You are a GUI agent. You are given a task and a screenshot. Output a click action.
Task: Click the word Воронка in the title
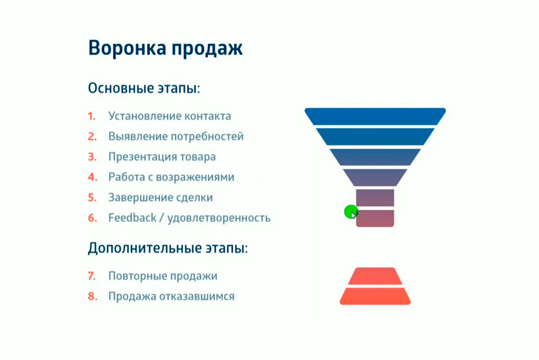click(127, 47)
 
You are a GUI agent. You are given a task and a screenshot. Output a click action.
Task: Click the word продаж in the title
click(207, 49)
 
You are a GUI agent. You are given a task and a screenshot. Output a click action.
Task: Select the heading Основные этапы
click(144, 88)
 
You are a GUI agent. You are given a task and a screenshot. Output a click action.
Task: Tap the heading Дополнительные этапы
click(168, 248)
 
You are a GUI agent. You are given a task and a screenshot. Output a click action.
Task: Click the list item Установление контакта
click(170, 116)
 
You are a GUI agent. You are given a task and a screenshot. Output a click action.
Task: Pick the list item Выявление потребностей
click(176, 136)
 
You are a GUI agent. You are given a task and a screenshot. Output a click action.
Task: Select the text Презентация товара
click(162, 157)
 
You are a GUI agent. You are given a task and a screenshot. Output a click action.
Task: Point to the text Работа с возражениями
click(171, 177)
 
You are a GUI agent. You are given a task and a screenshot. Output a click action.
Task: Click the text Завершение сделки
click(160, 198)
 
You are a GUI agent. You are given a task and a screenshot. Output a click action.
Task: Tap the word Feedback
click(133, 218)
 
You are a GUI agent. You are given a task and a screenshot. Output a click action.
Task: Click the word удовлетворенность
click(219, 218)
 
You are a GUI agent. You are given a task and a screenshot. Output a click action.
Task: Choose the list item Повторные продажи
click(163, 276)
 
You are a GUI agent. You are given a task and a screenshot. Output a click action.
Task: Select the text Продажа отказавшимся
click(171, 296)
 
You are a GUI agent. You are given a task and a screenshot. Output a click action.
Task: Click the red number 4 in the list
click(93, 177)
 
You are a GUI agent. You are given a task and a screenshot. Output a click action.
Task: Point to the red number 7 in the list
click(92, 276)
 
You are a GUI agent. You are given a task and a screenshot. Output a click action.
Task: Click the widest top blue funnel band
click(375, 116)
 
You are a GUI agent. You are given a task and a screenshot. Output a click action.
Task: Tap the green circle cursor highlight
click(351, 212)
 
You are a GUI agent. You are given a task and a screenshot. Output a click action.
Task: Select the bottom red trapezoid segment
click(375, 296)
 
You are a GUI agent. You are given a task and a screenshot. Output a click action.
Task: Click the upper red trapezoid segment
click(375, 276)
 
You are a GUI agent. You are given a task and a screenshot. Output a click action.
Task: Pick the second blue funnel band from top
click(375, 137)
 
